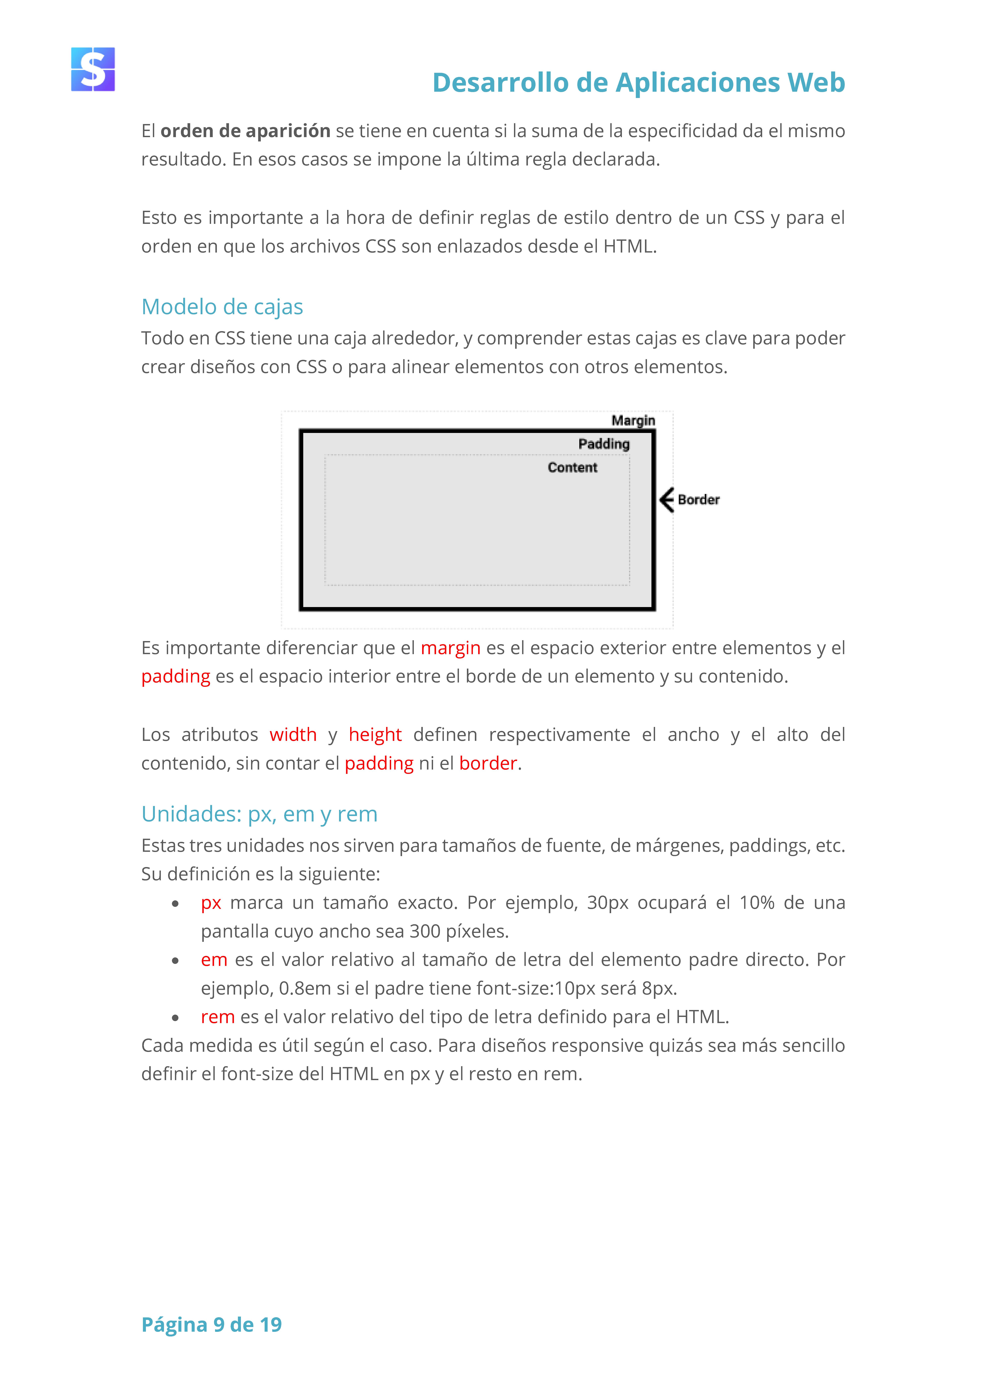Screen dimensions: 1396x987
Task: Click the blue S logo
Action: point(93,69)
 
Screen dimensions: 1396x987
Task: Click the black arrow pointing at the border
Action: point(667,500)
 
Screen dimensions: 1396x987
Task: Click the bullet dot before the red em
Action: point(175,961)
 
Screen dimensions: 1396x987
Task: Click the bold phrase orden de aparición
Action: point(245,131)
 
